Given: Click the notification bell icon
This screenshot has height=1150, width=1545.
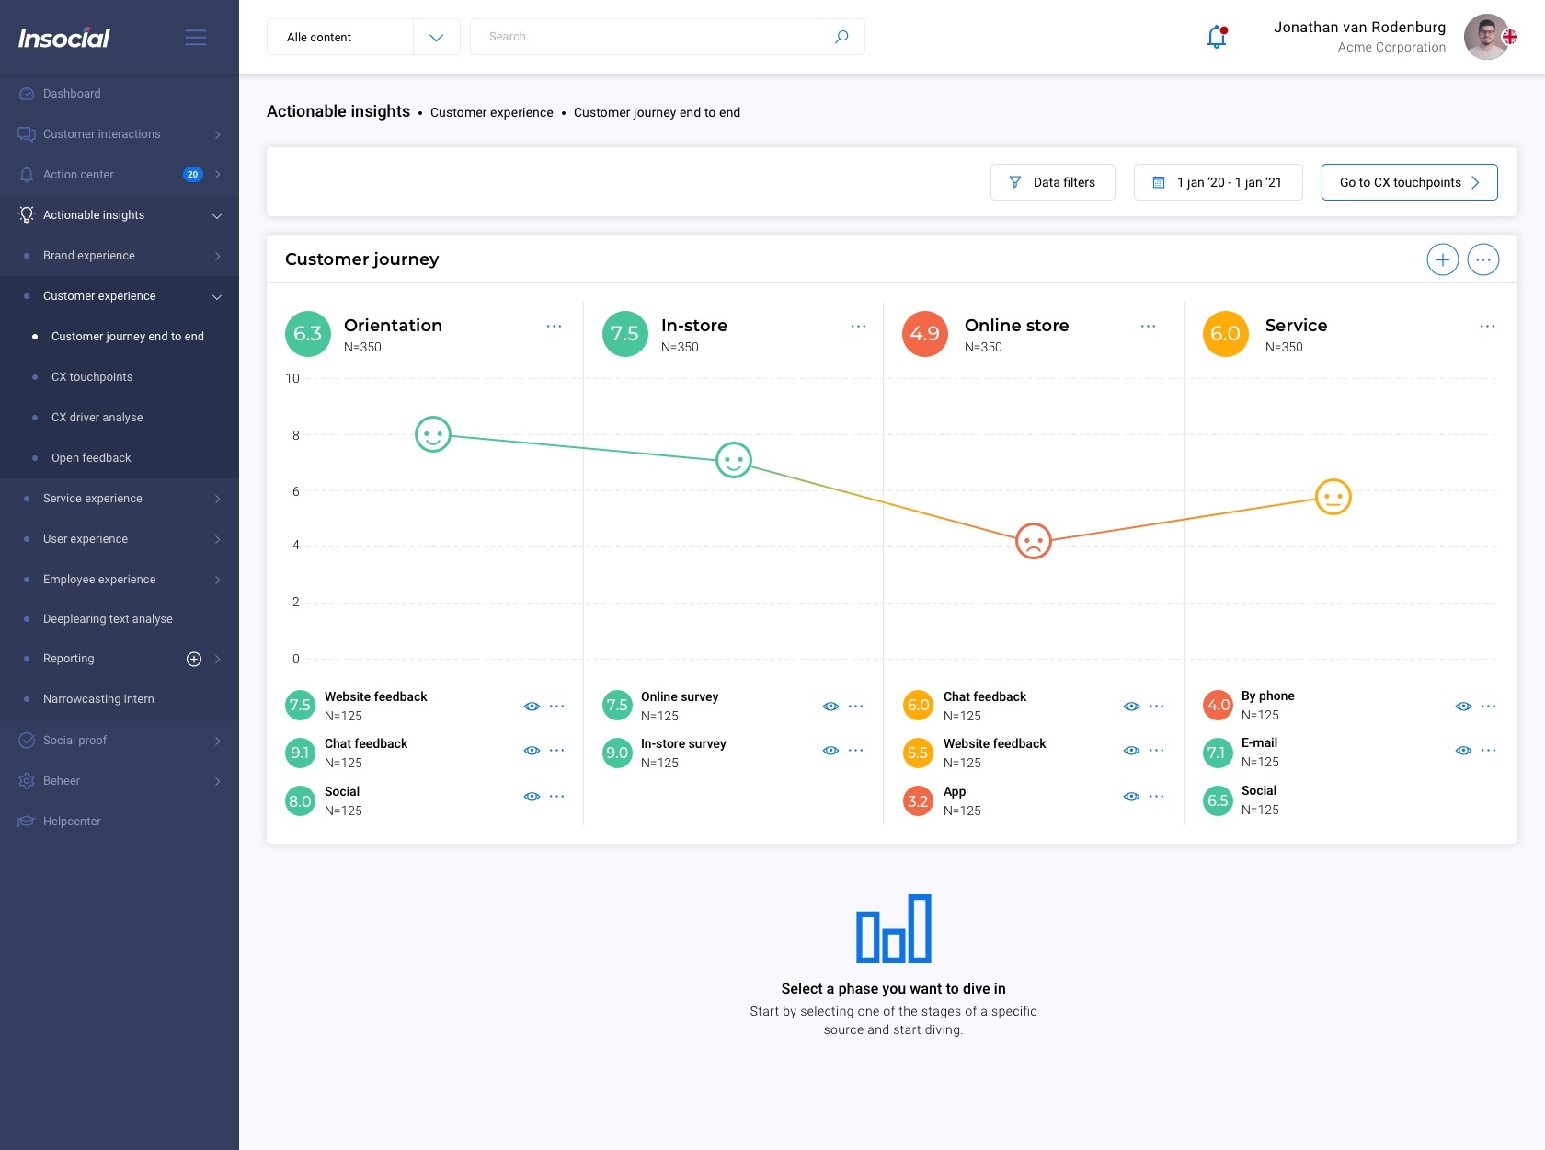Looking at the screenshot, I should tap(1217, 37).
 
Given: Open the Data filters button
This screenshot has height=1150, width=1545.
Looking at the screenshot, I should tap(1052, 182).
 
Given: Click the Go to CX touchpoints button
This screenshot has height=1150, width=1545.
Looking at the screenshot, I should tap(1409, 182).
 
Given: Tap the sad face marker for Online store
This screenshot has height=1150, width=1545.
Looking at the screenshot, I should tap(1033, 541).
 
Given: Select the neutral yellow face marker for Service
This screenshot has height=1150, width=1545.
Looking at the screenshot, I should tap(1333, 497).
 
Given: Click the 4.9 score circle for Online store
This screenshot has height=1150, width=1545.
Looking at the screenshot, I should tap(924, 334).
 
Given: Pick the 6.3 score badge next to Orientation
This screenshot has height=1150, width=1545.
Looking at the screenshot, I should tap(307, 334).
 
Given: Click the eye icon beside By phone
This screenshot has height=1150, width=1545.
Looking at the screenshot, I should tap(1463, 707).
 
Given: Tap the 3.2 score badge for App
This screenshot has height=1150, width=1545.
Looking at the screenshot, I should tap(918, 801).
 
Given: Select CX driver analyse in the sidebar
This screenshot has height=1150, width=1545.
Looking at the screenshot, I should tap(97, 418).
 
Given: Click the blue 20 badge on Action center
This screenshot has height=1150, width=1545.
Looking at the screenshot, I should tap(192, 175).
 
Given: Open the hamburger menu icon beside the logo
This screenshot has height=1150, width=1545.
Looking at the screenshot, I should tap(196, 38).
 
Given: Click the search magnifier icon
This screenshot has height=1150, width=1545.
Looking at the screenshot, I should tap(841, 37).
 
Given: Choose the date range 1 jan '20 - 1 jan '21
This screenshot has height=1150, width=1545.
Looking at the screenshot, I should tap(1218, 182).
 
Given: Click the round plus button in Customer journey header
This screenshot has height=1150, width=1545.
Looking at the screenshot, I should tap(1442, 260).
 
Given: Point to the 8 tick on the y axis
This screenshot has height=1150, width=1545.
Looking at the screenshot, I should tap(296, 435).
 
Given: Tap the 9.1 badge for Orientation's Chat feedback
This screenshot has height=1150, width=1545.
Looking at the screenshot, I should tap(300, 753).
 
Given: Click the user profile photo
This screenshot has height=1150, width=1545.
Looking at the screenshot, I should tap(1487, 37).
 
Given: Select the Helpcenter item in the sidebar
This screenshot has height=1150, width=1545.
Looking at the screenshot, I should tap(72, 822).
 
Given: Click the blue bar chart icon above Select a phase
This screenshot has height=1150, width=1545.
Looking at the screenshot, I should tap(893, 929).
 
